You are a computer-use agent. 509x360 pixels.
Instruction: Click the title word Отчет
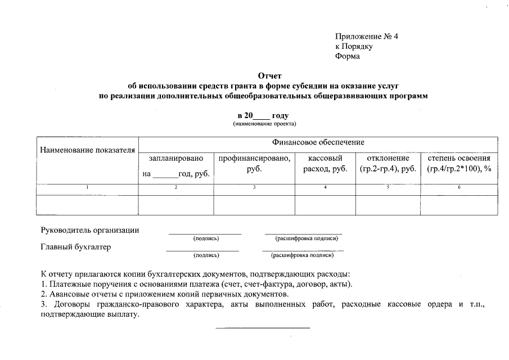tap(269, 75)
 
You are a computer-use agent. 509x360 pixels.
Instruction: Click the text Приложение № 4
tap(366, 37)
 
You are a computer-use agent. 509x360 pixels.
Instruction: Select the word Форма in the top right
tap(347, 56)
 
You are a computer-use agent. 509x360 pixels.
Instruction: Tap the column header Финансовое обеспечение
tap(318, 142)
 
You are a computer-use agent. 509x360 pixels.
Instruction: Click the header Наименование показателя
tap(87, 150)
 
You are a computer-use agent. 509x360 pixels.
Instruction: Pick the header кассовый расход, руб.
tap(325, 164)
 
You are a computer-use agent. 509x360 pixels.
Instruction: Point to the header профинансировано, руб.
tap(254, 164)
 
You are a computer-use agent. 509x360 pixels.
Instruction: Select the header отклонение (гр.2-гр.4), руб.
tap(388, 164)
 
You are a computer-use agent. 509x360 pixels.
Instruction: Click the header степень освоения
tap(459, 159)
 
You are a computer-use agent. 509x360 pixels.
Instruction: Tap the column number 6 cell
tap(459, 187)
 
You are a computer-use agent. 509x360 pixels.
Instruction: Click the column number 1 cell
tap(87, 187)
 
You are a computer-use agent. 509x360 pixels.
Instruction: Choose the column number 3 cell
tap(254, 187)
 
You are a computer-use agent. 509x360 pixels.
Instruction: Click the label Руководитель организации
tap(90, 230)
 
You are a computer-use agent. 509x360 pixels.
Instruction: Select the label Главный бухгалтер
tap(76, 246)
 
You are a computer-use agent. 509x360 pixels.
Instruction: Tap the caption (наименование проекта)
tap(264, 123)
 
